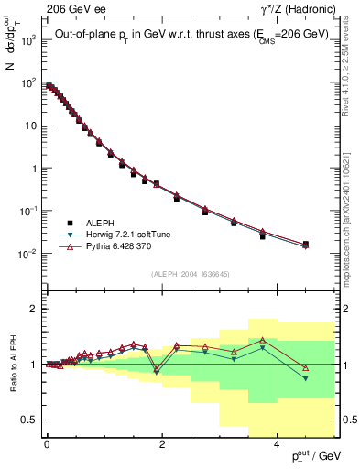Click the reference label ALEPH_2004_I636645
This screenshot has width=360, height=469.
click(x=191, y=274)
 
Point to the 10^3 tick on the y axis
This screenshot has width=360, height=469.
click(x=27, y=40)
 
